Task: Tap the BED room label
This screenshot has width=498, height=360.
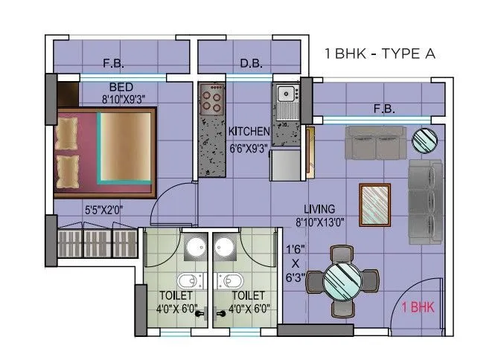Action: pos(121,87)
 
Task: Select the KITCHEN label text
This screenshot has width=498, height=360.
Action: pos(249,132)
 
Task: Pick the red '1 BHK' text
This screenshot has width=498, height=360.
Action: pos(418,306)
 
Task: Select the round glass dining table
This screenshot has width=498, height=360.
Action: pos(343,280)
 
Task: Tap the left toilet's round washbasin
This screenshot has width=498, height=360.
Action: pos(191,248)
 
